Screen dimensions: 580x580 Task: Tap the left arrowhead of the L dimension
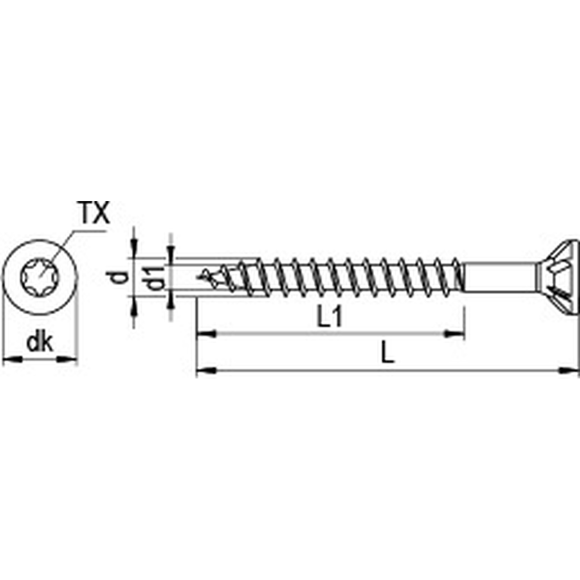click(205, 371)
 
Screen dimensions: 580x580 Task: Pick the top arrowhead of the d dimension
click(135, 249)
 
